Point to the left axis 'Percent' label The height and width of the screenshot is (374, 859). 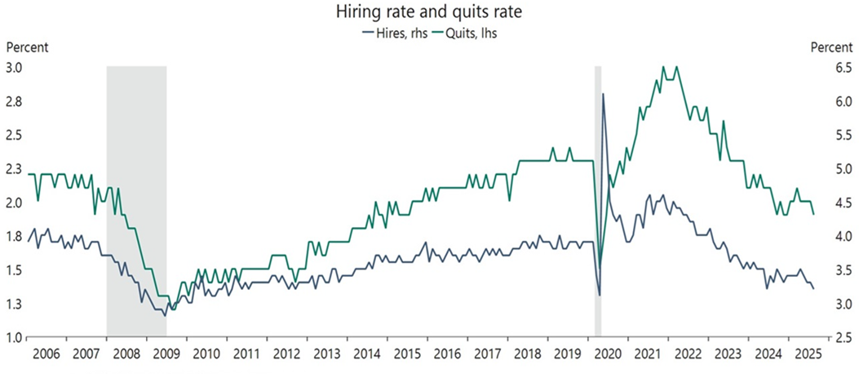[26, 47]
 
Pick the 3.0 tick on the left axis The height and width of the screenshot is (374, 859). [16, 68]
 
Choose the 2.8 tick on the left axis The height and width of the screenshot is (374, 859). [16, 102]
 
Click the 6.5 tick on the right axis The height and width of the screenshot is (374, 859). [838, 68]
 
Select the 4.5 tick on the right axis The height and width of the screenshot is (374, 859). [838, 203]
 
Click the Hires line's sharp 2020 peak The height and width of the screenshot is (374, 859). [604, 94]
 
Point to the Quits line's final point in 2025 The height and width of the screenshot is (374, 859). [813, 214]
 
